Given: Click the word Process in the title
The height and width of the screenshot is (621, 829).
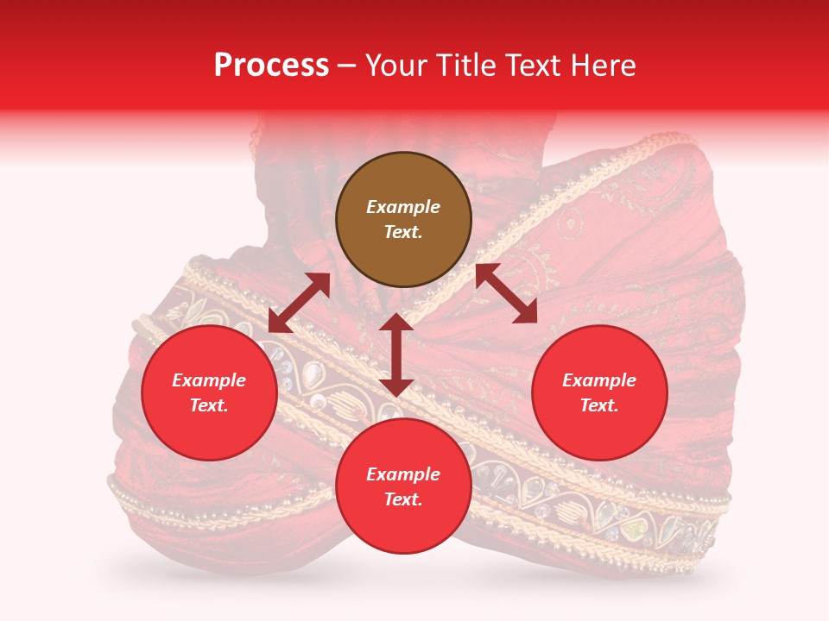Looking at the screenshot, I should tap(271, 66).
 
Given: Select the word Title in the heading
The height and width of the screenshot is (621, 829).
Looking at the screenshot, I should tap(472, 66).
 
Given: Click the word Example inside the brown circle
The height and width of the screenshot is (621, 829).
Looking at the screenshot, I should tap(403, 207).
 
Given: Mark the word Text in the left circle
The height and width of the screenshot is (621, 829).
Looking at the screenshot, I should tap(209, 405).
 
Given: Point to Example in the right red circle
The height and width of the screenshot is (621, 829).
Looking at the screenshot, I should tap(599, 380).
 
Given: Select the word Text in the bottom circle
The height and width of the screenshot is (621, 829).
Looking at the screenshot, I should tap(403, 499).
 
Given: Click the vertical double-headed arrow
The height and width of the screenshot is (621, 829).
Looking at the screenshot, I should tap(396, 354).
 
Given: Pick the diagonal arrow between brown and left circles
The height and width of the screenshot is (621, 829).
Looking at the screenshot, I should tap(299, 303).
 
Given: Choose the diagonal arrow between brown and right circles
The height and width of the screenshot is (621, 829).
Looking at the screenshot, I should tap(506, 293).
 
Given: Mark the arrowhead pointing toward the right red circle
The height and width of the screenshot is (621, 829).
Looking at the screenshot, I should tap(526, 314).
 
